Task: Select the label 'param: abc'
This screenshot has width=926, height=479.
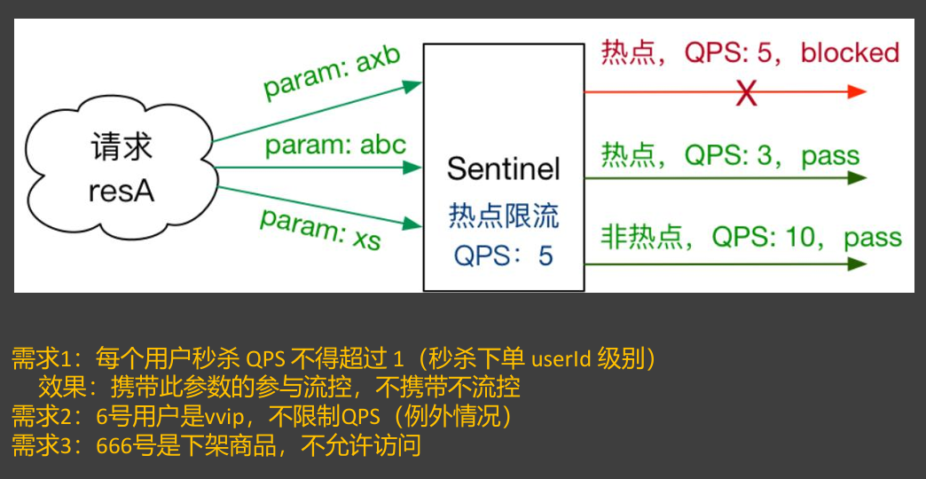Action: coord(335,145)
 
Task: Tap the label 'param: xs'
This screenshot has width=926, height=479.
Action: coord(320,227)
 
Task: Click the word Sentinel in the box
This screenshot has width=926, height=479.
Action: coord(503,169)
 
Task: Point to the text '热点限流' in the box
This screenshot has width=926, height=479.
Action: coord(504,216)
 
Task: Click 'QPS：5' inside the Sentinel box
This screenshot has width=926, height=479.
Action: coord(503,255)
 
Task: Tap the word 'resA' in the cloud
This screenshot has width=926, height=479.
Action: coord(122,190)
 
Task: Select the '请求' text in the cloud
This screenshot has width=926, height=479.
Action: coord(122,147)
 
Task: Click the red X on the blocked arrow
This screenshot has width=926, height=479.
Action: coord(747,92)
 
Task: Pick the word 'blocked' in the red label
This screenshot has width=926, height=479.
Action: coord(850,52)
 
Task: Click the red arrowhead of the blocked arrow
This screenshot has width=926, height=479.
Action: coord(857,91)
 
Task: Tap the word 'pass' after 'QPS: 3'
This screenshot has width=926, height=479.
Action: coord(830,156)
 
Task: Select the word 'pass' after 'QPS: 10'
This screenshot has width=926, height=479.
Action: coord(872,238)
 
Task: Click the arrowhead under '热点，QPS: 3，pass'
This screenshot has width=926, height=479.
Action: coord(857,177)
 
